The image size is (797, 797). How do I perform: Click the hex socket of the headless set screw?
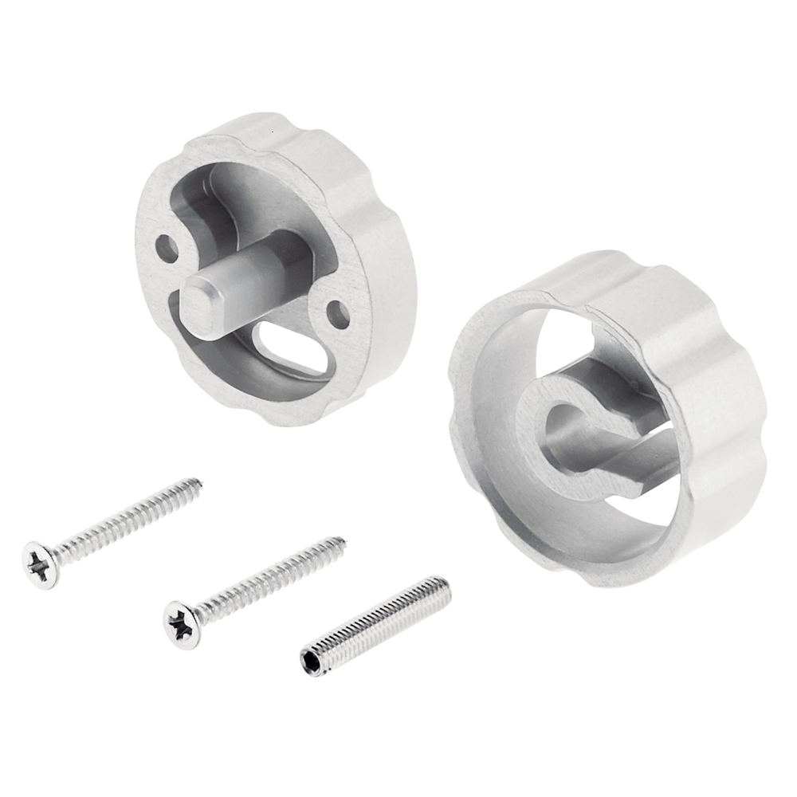pyautogui.click(x=313, y=661)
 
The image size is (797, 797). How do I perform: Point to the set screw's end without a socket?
pyautogui.click(x=444, y=588)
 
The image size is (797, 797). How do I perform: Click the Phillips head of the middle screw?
pyautogui.click(x=182, y=624)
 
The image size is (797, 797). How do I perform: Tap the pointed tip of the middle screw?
pyautogui.click(x=343, y=541)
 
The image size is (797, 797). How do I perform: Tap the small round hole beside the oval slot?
pyautogui.click(x=338, y=315)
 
